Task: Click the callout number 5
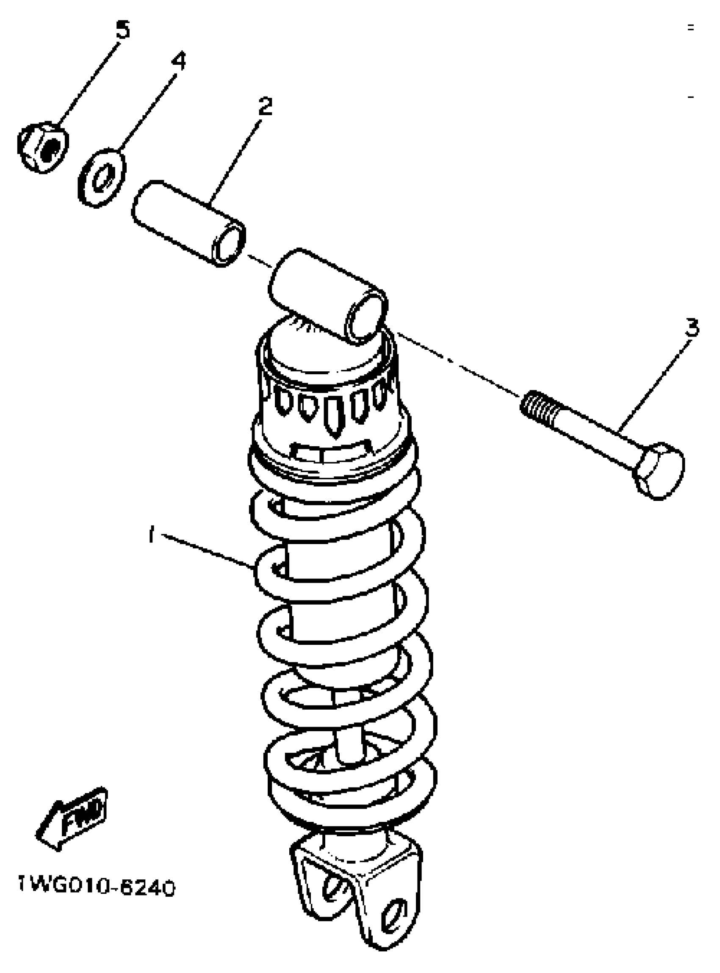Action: coord(122,30)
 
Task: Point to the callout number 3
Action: coord(691,327)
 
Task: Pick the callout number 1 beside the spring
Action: coord(151,534)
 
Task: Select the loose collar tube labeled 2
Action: coord(187,221)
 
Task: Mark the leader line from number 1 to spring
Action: coord(205,551)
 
